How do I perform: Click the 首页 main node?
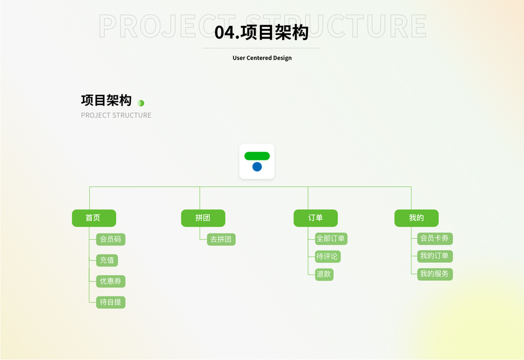[x=94, y=218]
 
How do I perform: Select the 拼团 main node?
[x=203, y=218]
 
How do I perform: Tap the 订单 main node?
[x=316, y=218]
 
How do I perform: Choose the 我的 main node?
[x=417, y=218]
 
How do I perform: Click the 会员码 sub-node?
[x=110, y=239]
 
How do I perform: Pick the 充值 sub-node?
[x=107, y=260]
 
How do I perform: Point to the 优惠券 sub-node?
[x=110, y=281]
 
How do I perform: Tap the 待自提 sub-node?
[x=110, y=302]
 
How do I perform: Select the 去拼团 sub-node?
[x=221, y=239]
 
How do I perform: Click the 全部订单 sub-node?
[x=331, y=238]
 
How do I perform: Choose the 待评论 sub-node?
[x=328, y=256]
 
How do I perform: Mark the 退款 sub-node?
[x=324, y=274]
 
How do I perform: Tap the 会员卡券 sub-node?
[x=435, y=238]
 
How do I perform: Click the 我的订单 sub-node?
[x=435, y=256]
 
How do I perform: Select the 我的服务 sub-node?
[x=435, y=274]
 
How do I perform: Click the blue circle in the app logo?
[x=257, y=167]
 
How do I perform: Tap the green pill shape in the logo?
[x=257, y=156]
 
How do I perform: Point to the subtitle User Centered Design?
[x=262, y=58]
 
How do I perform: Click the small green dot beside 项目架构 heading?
[x=141, y=103]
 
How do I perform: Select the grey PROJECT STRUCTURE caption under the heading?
[x=116, y=115]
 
